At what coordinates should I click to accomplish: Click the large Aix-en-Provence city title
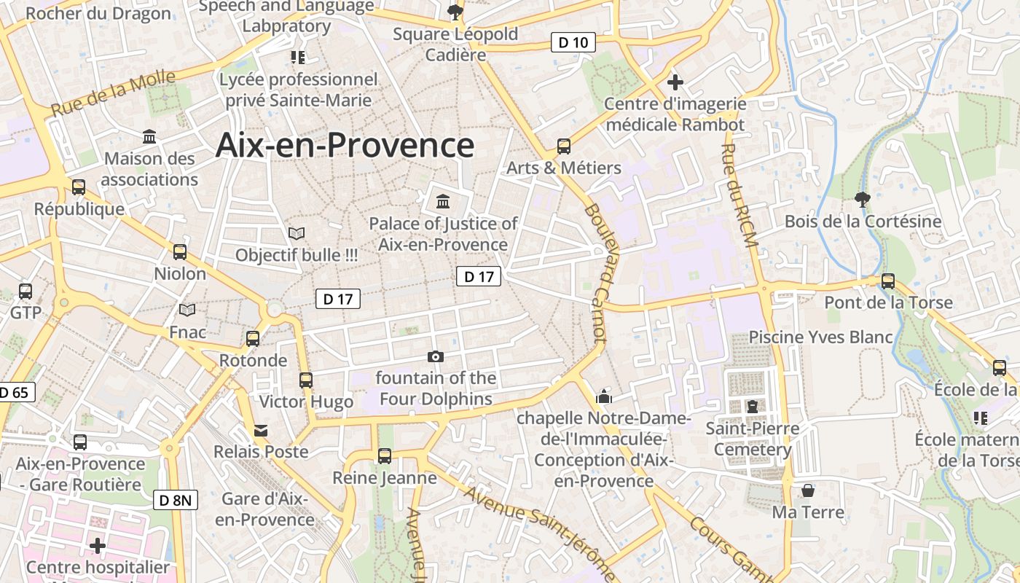(345, 145)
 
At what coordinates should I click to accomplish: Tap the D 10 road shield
(573, 42)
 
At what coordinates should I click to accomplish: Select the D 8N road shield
(176, 500)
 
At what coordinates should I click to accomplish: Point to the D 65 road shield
(14, 392)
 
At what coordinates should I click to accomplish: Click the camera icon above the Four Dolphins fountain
(436, 356)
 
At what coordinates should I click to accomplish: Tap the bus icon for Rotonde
(253, 339)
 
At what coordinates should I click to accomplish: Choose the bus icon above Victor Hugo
(306, 380)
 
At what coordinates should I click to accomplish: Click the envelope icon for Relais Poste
(261, 431)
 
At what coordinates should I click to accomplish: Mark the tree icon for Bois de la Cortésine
(863, 199)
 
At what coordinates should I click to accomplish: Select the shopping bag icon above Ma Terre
(807, 490)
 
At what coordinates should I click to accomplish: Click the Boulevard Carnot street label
(595, 273)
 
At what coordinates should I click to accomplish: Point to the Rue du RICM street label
(737, 195)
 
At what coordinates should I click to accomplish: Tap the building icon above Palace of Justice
(443, 201)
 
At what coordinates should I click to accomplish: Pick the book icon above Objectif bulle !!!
(297, 233)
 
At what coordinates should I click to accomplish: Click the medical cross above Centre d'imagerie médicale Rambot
(675, 82)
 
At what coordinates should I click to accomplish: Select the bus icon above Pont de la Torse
(888, 281)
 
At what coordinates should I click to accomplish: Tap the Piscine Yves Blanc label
(820, 337)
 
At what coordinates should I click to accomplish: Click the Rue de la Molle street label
(114, 93)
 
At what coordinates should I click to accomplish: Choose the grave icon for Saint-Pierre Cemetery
(752, 406)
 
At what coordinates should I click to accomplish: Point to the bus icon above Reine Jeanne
(385, 456)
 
